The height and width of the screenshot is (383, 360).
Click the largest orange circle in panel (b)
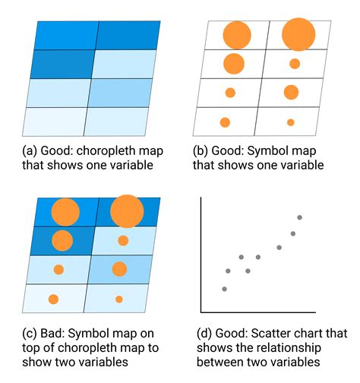coord(298,34)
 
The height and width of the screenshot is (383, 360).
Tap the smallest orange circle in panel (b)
coord(291,122)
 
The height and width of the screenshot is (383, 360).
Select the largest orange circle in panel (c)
coord(127,211)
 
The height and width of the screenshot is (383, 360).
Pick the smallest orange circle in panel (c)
coord(119,299)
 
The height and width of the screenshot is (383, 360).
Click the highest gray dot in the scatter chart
coord(300,217)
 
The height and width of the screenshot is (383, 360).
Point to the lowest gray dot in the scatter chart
coord(224,289)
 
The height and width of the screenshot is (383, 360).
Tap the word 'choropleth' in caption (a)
coord(106,151)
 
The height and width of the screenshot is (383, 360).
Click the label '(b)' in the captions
coord(201,151)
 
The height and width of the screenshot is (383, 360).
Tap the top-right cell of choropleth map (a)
coord(128,35)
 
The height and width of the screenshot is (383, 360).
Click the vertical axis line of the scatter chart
coord(201,255)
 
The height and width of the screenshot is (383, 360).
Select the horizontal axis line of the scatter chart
coord(258,312)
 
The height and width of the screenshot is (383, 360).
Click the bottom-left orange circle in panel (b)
coord(225,122)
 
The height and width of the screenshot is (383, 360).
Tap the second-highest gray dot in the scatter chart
coord(293,233)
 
